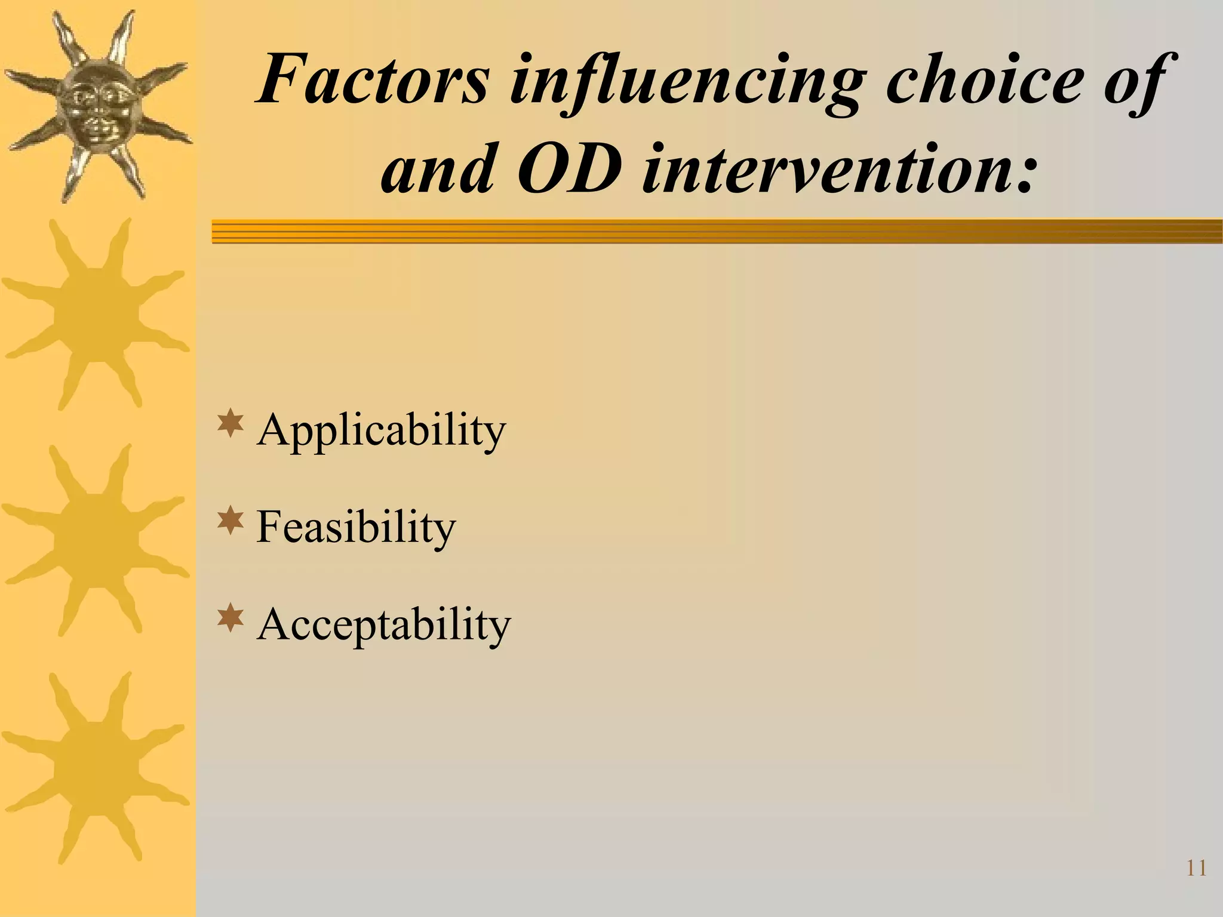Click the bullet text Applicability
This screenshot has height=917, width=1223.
tap(381, 430)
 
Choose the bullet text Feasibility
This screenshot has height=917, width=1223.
tap(356, 527)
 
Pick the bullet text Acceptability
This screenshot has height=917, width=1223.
tap(384, 624)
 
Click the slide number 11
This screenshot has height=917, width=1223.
tap(1196, 885)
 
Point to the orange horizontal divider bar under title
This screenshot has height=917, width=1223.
tap(717, 231)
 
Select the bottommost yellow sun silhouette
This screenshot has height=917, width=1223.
tap(96, 767)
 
